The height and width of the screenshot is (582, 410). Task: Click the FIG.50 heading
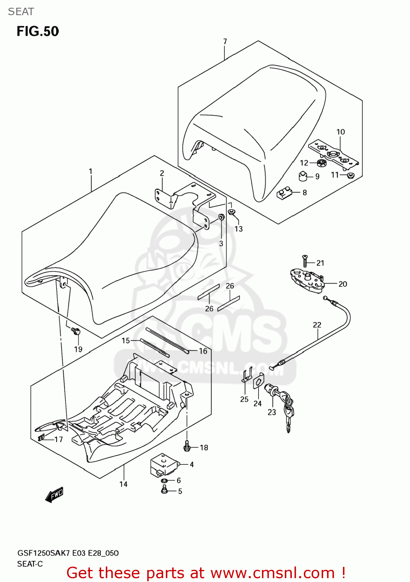(x=38, y=31)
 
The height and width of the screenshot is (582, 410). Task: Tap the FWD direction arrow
(x=54, y=495)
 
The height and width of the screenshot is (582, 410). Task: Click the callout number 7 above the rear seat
(x=225, y=42)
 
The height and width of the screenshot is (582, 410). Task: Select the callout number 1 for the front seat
(x=91, y=171)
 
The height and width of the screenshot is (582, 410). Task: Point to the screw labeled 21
(x=305, y=261)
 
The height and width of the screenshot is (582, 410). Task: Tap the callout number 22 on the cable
(x=317, y=325)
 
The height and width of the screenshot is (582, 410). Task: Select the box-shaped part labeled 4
(x=164, y=465)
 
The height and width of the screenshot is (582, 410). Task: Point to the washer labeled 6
(x=164, y=481)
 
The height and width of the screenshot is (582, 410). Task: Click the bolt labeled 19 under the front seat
(x=76, y=332)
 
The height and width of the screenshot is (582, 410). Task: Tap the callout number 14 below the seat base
(x=123, y=484)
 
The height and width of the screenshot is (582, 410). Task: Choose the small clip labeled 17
(x=41, y=438)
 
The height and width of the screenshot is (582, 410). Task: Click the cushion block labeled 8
(x=285, y=193)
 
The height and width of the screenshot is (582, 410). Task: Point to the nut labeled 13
(x=231, y=212)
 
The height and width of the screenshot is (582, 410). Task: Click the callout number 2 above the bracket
(x=162, y=173)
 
